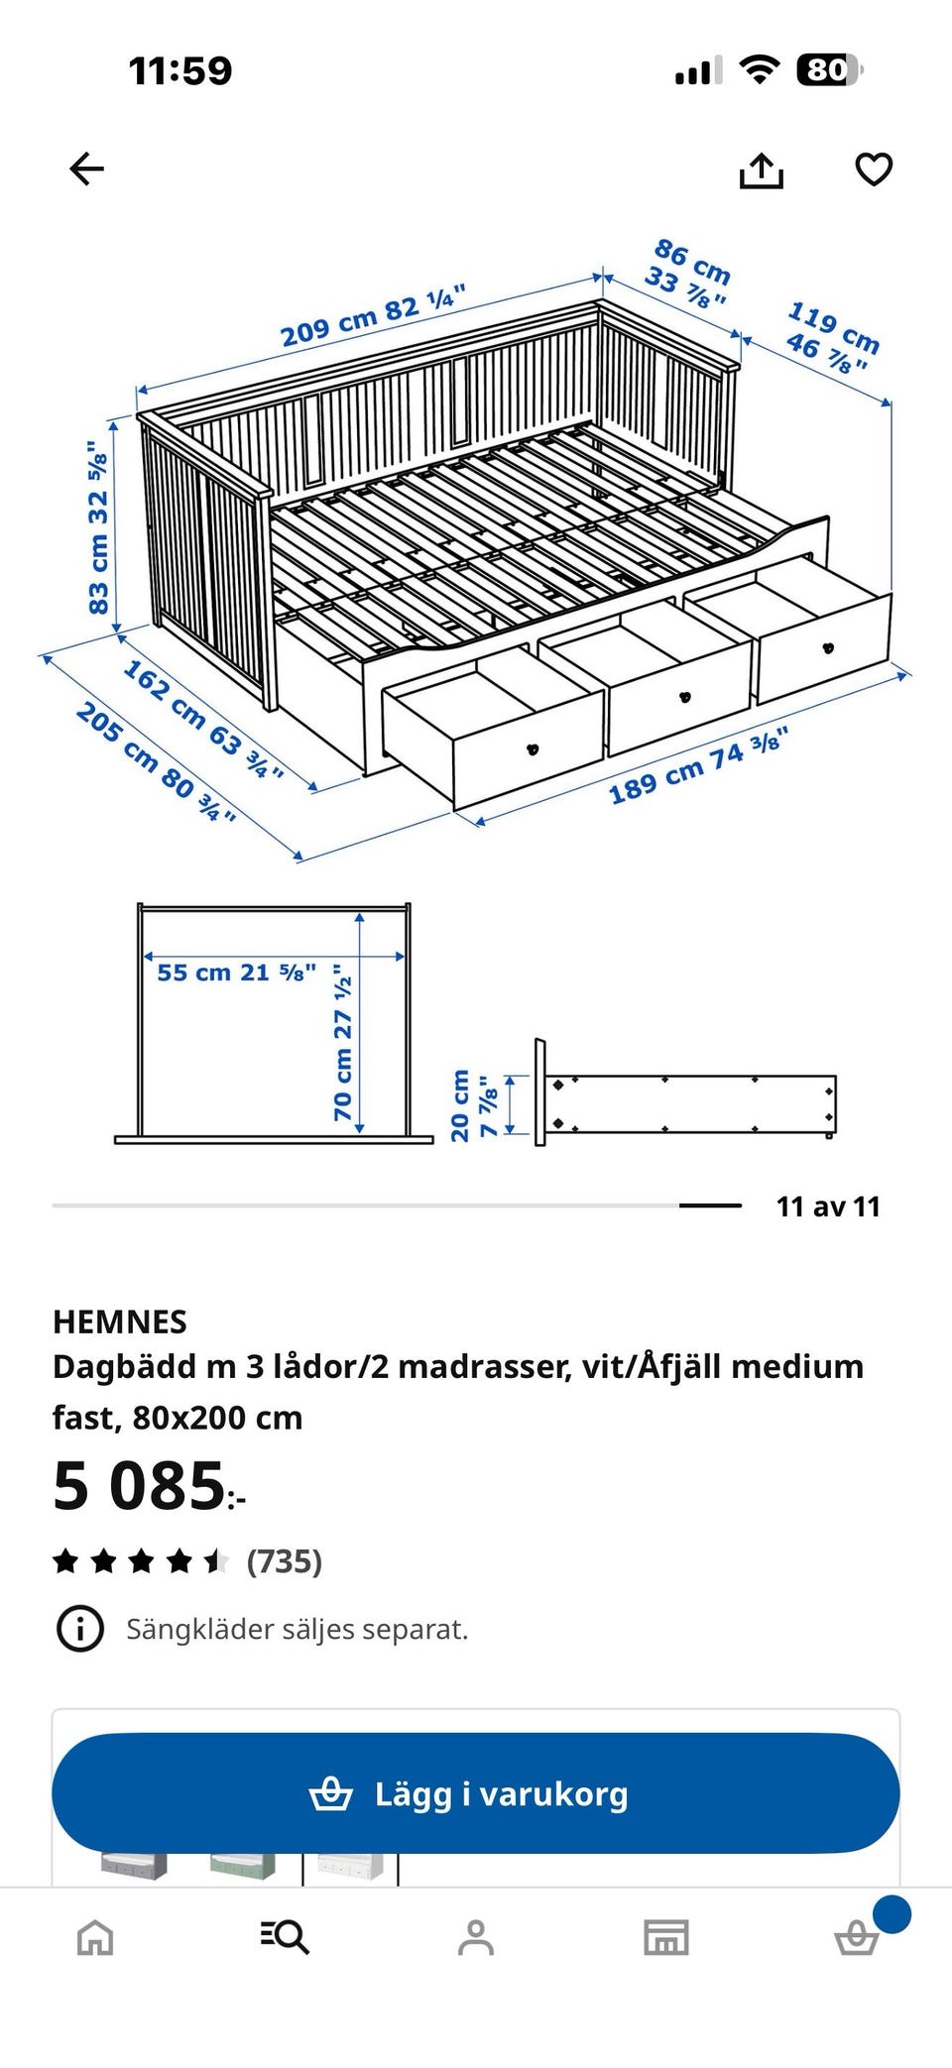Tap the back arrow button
(x=86, y=170)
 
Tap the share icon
(x=761, y=170)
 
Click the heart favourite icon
(x=874, y=170)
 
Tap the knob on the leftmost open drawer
(x=534, y=747)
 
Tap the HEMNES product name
(x=120, y=1321)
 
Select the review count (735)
(x=285, y=1561)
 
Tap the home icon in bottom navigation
(x=95, y=1936)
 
